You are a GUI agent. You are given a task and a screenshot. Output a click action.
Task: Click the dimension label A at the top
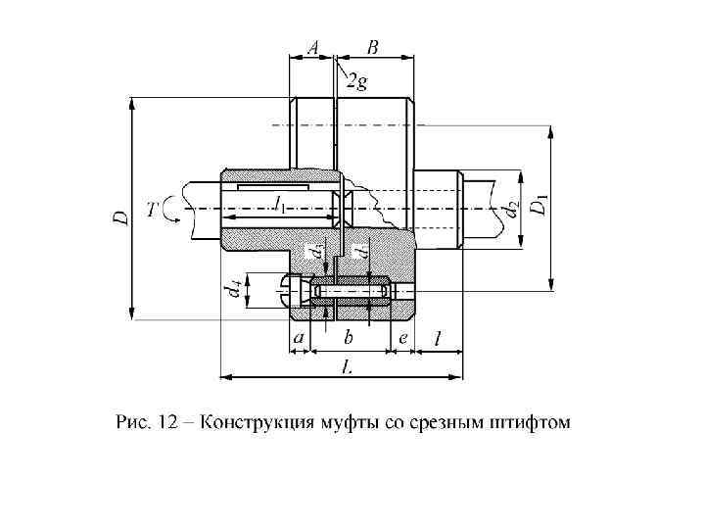tap(312, 46)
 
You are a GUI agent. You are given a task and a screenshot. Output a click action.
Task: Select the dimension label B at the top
tap(373, 46)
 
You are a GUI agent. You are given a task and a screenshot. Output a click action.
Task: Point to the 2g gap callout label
tap(357, 83)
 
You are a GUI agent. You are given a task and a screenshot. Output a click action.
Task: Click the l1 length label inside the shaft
tap(280, 206)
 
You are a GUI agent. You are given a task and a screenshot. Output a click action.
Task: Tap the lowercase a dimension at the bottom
tap(299, 338)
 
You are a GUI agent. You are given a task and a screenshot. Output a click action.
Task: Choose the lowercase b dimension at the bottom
tap(348, 338)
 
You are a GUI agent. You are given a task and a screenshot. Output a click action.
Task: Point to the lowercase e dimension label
tap(402, 338)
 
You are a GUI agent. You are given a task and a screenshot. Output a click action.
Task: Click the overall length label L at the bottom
tap(346, 365)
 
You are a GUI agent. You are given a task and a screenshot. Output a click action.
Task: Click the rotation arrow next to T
tap(173, 210)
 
